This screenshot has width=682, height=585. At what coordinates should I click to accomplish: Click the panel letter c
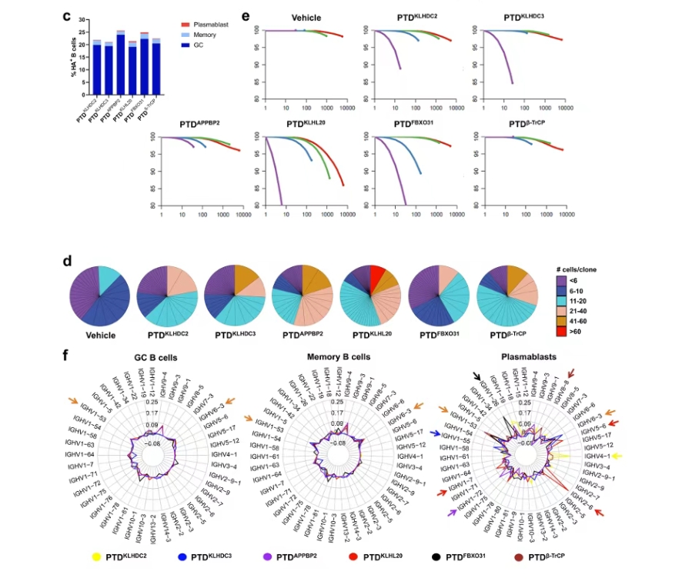coord(68,15)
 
